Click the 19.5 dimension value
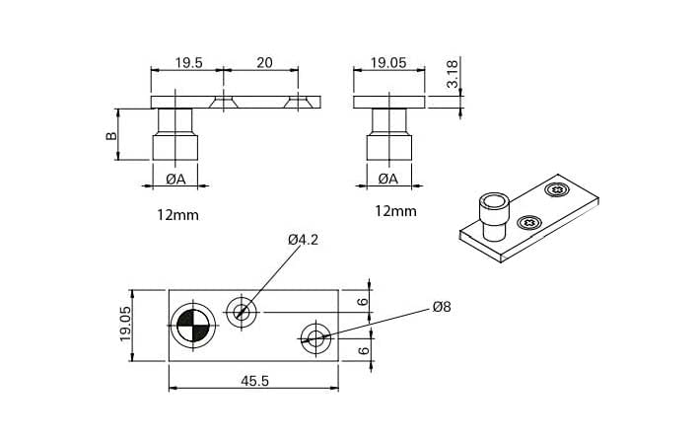click(x=188, y=61)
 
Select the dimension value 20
click(x=262, y=61)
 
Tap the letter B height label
click(x=111, y=135)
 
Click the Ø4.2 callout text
click(x=304, y=240)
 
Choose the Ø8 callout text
click(x=441, y=308)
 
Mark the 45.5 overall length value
click(x=252, y=382)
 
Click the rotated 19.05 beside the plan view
click(x=125, y=323)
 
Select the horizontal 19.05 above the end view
click(x=387, y=61)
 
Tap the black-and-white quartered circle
click(x=190, y=324)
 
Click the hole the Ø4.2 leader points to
click(x=243, y=313)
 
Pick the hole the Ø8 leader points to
click(x=316, y=337)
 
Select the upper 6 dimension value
click(x=362, y=302)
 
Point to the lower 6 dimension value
click(x=362, y=348)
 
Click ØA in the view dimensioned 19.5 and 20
click(x=176, y=179)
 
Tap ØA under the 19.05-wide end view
click(x=387, y=179)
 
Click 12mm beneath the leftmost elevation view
click(x=177, y=213)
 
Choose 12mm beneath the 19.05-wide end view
click(x=395, y=210)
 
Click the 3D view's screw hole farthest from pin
click(x=557, y=190)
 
